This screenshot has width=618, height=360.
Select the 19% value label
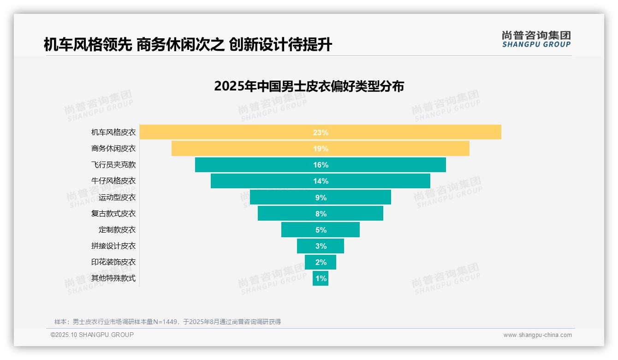321,149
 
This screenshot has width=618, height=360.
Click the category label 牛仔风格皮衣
113,181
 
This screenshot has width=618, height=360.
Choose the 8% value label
321,214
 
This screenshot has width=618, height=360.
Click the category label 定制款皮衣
117,229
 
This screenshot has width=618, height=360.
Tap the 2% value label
321,262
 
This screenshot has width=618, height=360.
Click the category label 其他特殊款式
113,278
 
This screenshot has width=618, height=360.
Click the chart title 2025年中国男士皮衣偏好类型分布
309,86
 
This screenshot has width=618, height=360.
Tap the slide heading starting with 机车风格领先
188,45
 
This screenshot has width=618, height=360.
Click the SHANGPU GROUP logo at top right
536,39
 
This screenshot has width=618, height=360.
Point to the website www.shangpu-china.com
537,335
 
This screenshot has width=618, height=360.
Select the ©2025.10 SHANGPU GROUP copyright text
92,335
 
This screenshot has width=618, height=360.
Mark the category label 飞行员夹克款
113,165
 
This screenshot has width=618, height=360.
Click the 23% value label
321,132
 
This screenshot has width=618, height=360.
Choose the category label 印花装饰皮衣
113,262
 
